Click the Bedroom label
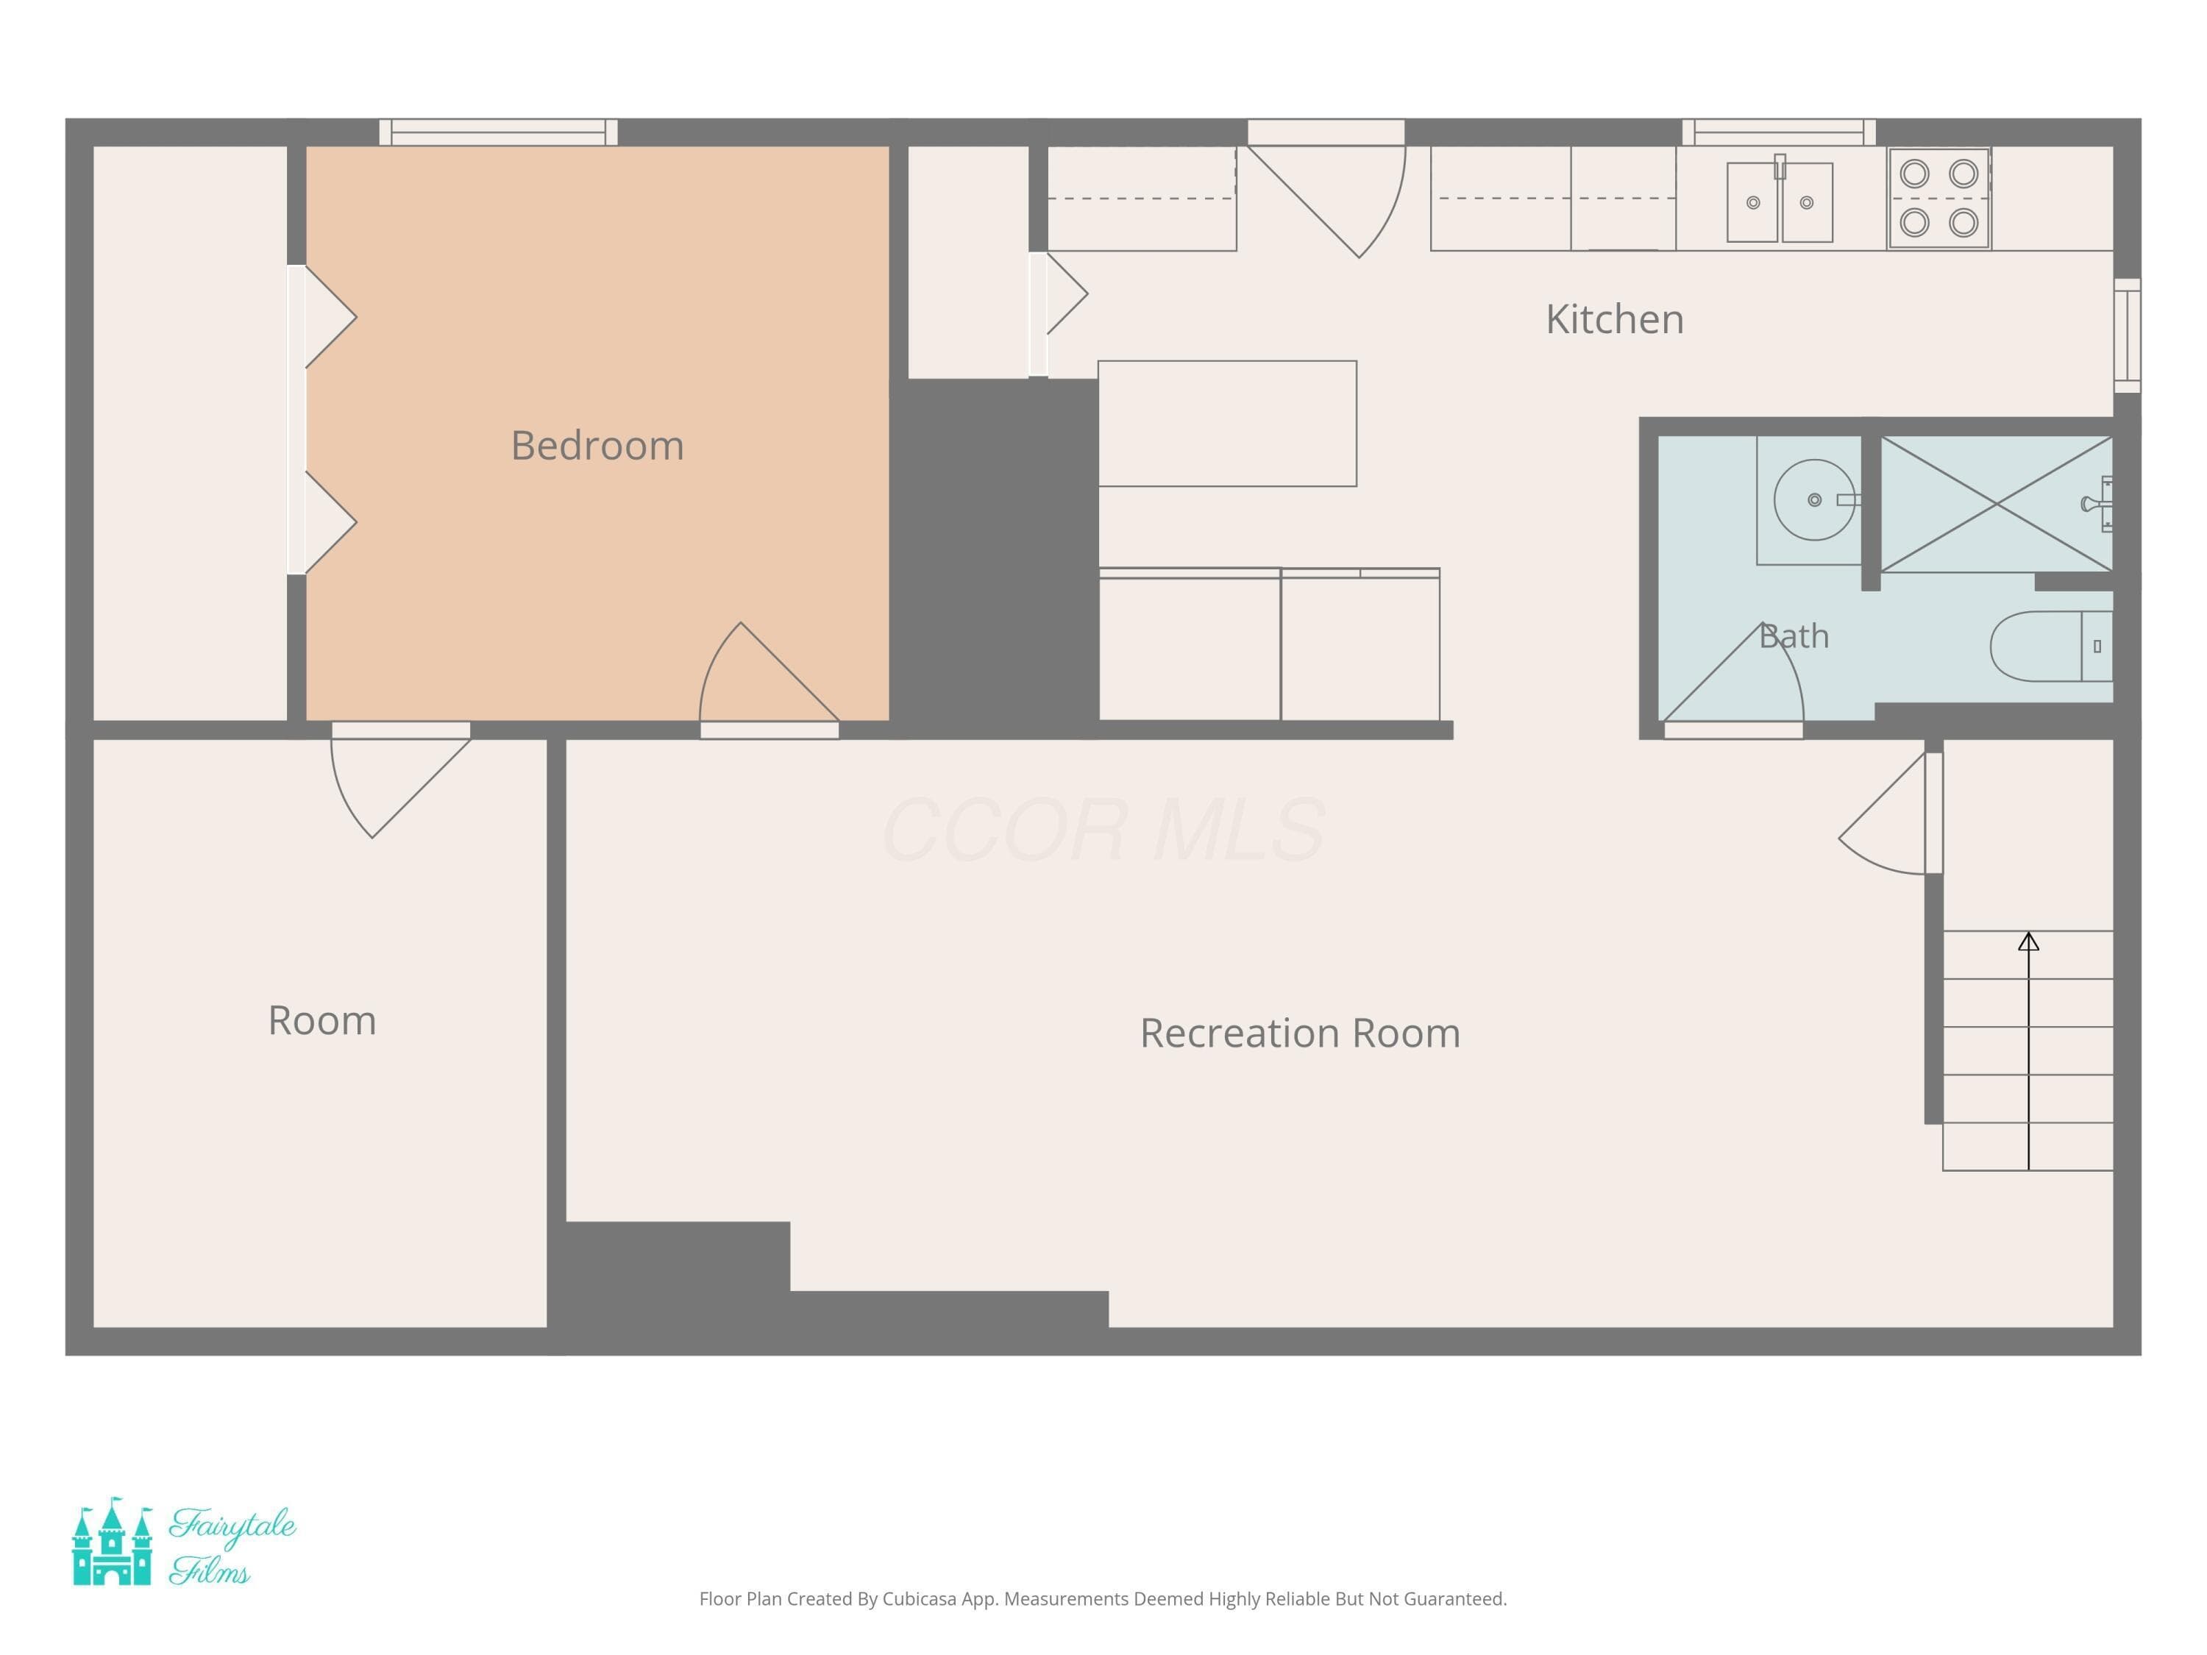click(597, 446)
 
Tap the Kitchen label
click(1614, 319)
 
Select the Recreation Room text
click(1300, 1033)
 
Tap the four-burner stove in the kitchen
click(1938, 199)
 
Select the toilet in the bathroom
click(2050, 647)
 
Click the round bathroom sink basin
click(1814, 499)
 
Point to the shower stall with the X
click(1997, 504)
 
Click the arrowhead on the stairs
click(2028, 942)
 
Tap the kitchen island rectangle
click(1227, 424)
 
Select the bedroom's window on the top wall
click(499, 132)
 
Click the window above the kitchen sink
click(1779, 132)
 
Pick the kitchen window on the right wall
click(2128, 335)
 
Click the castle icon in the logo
click(113, 1541)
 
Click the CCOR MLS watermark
click(1103, 830)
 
